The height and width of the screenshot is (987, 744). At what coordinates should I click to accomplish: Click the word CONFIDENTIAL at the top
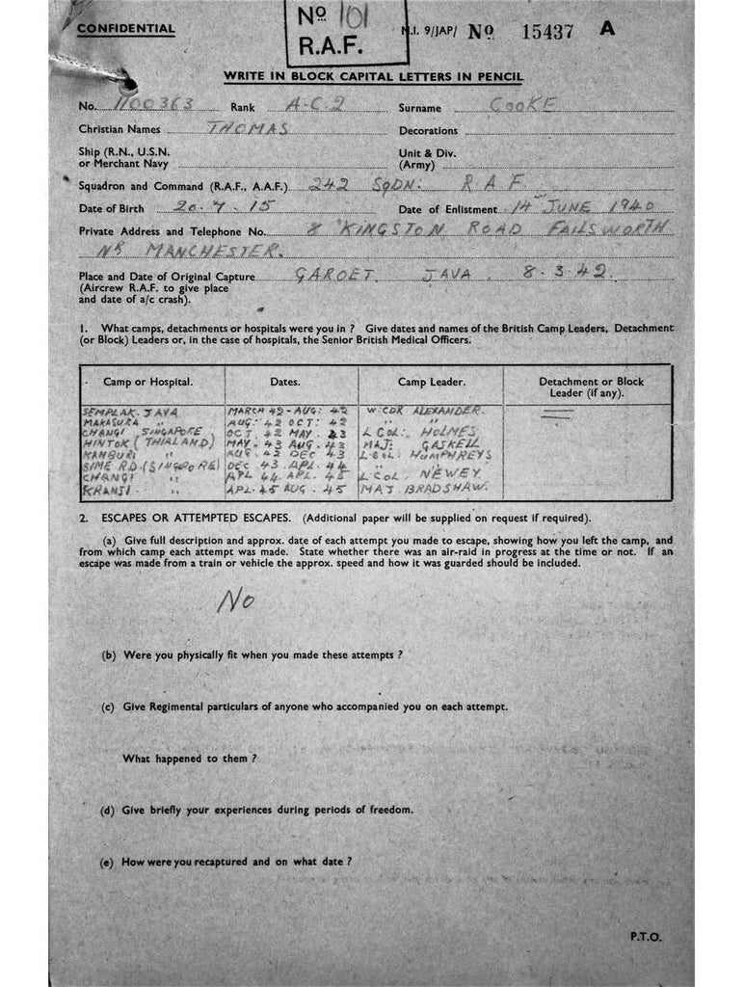point(126,28)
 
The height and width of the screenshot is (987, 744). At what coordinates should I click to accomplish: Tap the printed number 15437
point(546,31)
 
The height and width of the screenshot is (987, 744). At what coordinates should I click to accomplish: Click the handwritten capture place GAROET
point(330,273)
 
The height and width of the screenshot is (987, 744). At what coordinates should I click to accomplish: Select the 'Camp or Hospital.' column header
point(148,382)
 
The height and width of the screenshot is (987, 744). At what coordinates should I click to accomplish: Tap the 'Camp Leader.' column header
point(432,382)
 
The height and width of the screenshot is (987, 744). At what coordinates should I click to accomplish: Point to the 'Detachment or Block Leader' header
point(591,387)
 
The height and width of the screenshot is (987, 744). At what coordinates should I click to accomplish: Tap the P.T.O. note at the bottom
point(645,936)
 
